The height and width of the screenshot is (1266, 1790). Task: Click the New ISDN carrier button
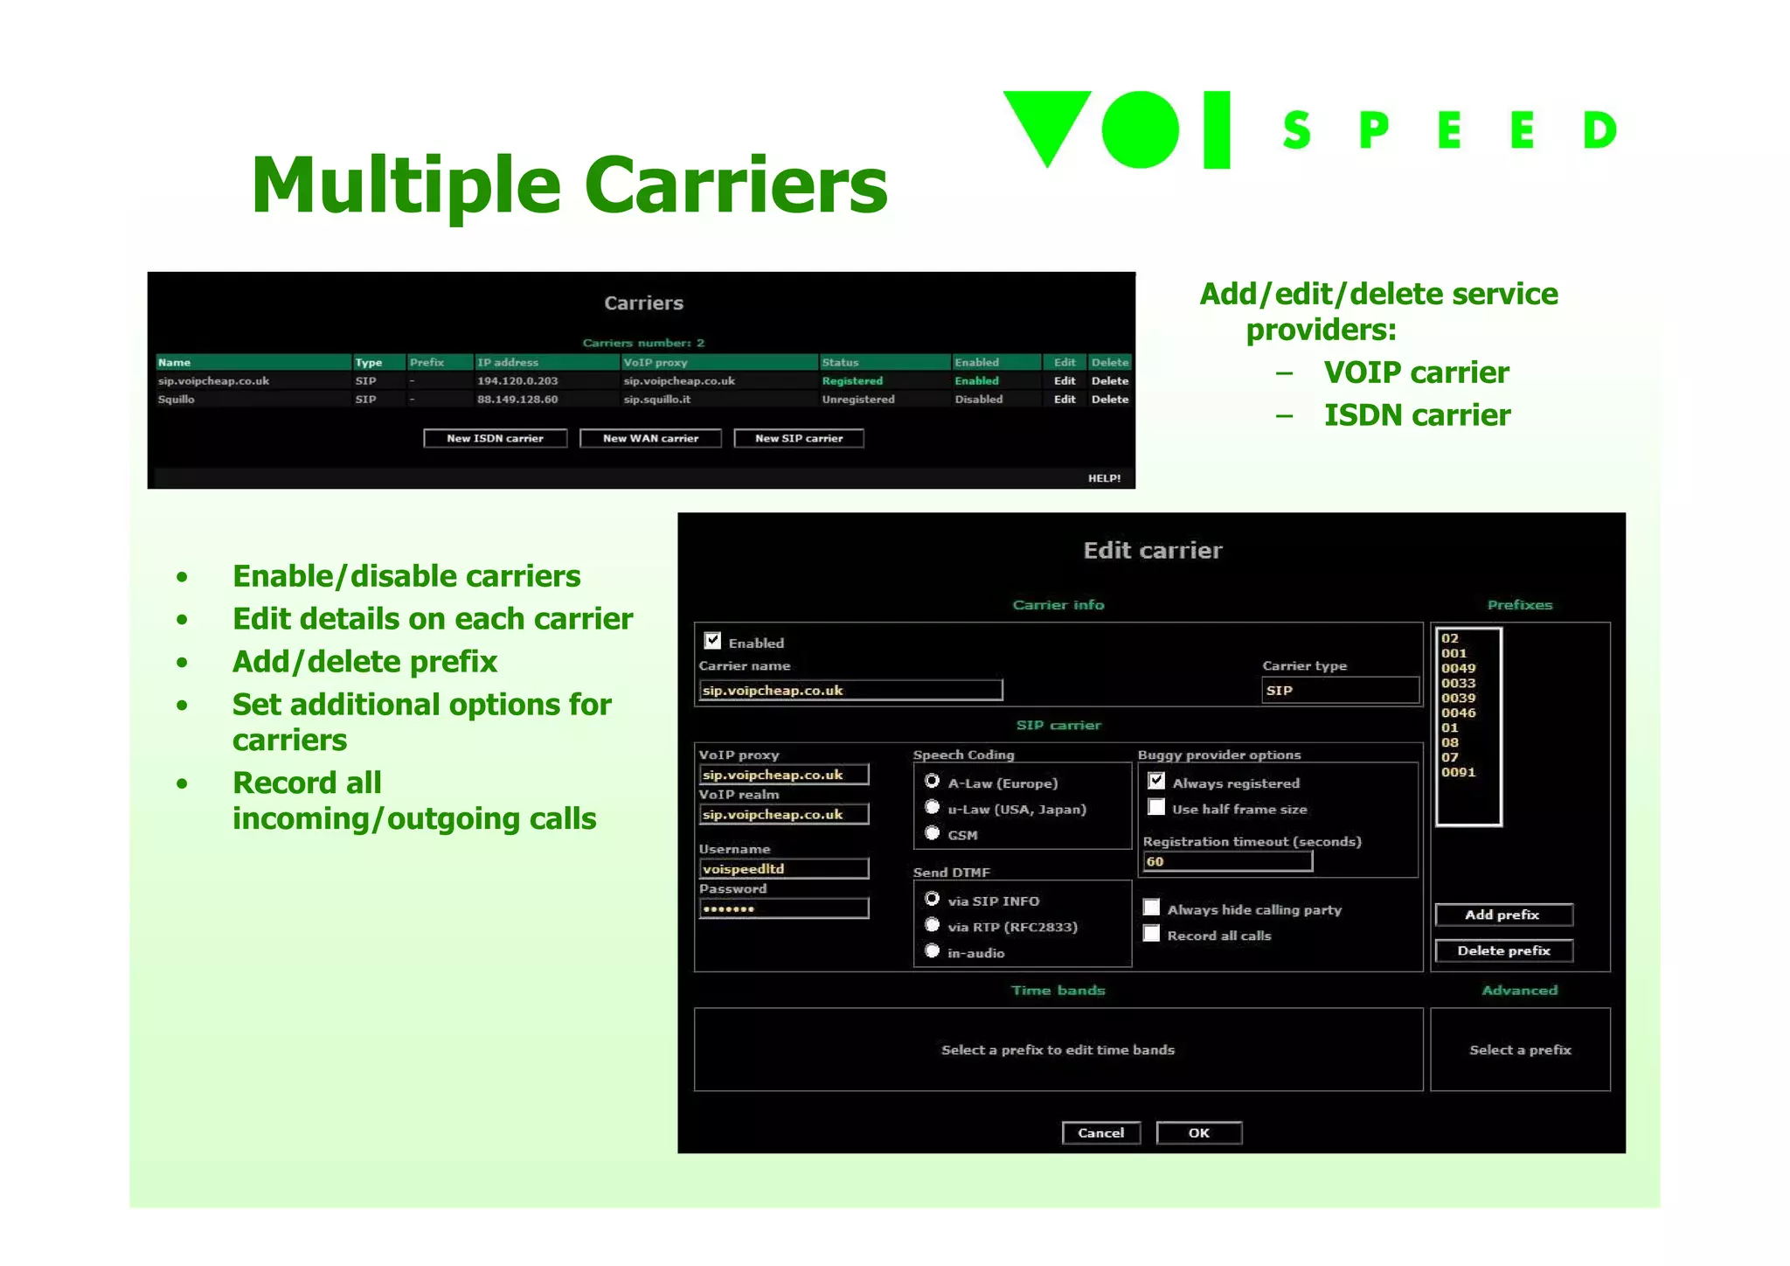click(495, 438)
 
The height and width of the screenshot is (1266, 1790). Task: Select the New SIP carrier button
click(799, 438)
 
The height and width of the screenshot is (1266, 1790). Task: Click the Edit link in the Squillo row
click(1064, 400)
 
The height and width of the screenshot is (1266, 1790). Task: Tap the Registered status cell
click(852, 381)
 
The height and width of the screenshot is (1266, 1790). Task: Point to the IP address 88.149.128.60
click(517, 400)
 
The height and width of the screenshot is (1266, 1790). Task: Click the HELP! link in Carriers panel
click(1104, 478)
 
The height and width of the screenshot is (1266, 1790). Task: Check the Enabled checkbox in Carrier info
click(713, 641)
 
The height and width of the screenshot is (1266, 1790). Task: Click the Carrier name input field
click(850, 691)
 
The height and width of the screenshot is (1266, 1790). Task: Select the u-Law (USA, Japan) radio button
click(933, 808)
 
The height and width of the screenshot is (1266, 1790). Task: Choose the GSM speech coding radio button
click(933, 834)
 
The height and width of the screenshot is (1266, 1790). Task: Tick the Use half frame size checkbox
click(1156, 808)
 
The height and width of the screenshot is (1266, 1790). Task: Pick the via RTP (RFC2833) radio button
click(933, 926)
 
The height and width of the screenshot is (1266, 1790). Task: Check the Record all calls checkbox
click(1152, 935)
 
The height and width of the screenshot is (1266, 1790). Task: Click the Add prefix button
click(1503, 915)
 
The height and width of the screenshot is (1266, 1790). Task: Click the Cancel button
click(1100, 1133)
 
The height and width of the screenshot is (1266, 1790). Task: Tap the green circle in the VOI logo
click(1141, 129)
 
